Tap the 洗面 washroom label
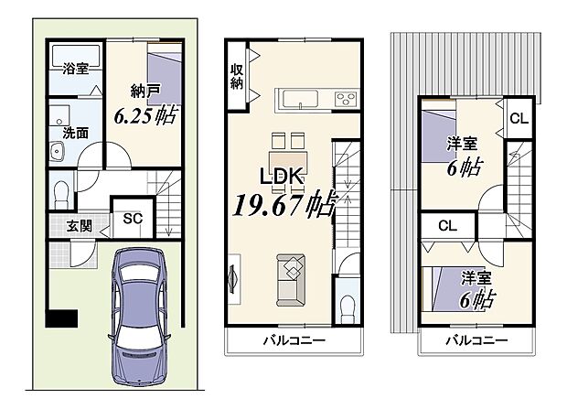point(75,133)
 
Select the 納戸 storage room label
point(144,91)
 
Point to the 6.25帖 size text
point(145,115)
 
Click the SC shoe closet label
point(133,218)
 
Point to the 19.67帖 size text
point(285,203)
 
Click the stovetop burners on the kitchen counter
point(346,98)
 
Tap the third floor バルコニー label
point(476,341)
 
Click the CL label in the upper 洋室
point(518,118)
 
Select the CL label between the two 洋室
point(447,226)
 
